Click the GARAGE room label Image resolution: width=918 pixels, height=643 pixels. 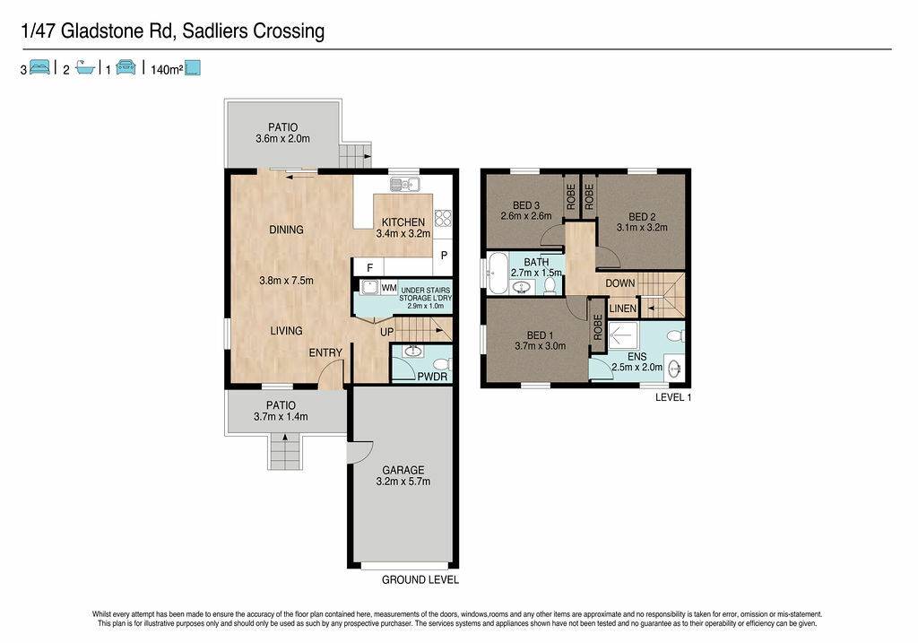[403, 470]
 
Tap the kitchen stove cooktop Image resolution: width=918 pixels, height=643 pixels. [443, 218]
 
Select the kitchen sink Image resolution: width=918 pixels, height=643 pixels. [404, 185]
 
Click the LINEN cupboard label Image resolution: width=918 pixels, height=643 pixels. [622, 308]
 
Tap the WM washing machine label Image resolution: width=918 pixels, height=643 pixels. [389, 288]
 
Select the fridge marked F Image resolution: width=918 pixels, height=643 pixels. [369, 267]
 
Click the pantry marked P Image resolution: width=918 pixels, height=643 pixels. [444, 256]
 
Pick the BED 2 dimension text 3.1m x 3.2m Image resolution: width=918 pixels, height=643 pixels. [642, 227]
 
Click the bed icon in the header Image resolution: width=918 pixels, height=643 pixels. [39, 67]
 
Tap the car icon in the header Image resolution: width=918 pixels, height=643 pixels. [126, 67]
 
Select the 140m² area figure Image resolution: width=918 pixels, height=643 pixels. [167, 70]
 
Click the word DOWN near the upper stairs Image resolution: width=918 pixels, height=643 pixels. [620, 283]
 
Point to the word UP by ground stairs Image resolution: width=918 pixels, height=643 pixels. [387, 332]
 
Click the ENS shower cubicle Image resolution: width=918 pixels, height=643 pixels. [623, 335]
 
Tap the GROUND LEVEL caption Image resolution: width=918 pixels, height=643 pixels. [420, 579]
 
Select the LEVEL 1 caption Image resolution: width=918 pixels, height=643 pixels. [673, 397]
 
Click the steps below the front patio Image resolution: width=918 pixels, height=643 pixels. [285, 451]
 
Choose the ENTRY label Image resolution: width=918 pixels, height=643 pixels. [325, 352]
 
